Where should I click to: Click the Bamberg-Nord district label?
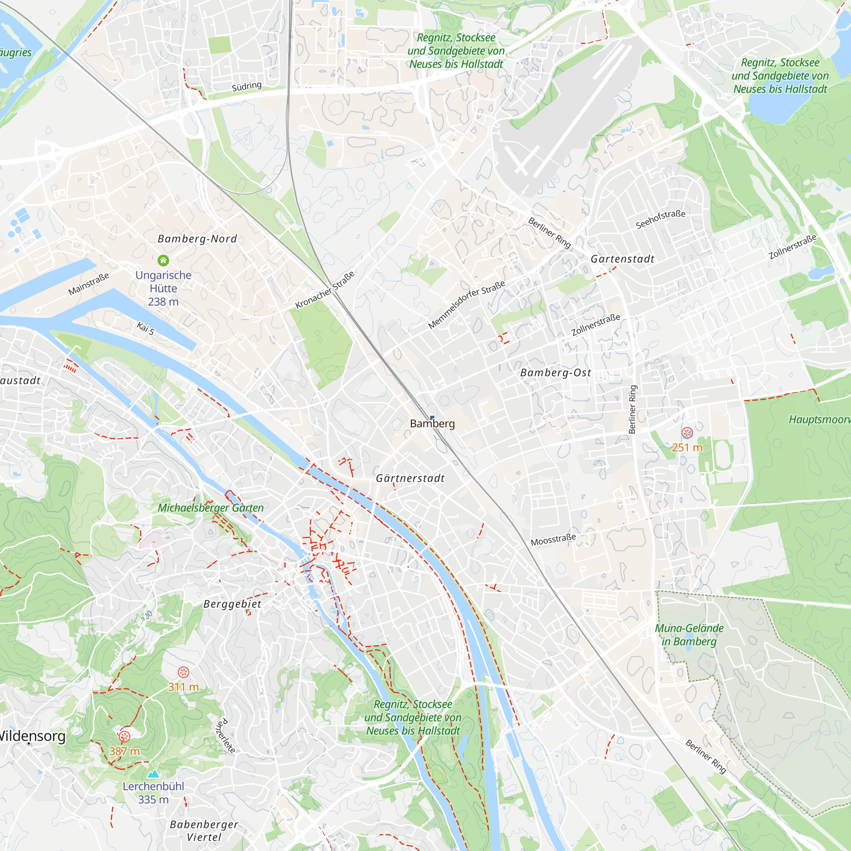point(197,239)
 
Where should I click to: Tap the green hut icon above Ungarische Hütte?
point(163,260)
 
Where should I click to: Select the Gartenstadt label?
point(623,259)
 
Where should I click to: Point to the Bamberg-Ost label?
point(555,373)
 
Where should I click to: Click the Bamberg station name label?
point(432,424)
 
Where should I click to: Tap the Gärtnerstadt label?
point(410,478)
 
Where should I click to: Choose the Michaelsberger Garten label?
point(211,508)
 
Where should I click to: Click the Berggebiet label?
point(232,604)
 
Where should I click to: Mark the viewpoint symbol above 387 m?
point(125,736)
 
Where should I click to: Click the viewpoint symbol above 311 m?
point(183,672)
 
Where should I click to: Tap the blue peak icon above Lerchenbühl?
point(153,774)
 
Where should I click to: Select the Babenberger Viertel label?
point(204,830)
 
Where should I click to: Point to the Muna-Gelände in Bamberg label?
point(689,635)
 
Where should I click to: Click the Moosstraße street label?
point(553,540)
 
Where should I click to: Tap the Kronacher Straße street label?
point(325,290)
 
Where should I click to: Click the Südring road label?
point(247,86)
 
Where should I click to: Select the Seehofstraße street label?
point(660,219)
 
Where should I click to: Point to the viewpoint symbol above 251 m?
point(687,433)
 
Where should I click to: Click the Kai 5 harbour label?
point(146,328)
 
